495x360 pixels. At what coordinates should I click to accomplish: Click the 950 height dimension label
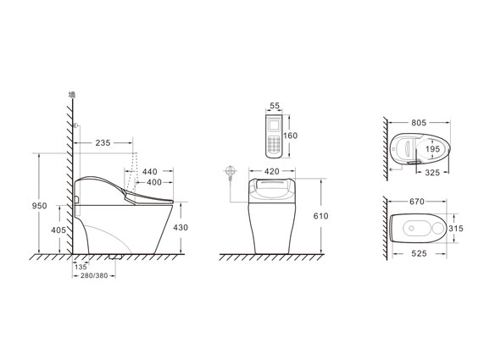pos(40,206)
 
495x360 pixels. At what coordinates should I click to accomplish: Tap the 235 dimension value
pos(103,143)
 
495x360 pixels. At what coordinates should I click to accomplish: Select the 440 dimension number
pos(150,172)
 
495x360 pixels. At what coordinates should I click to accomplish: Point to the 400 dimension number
pos(154,182)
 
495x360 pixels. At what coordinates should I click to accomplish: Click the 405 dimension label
pos(58,230)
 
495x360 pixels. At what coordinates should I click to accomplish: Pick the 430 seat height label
pos(181,228)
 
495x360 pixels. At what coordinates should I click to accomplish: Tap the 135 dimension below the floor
pos(81,267)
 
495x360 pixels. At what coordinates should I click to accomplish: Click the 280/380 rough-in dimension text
pos(94,276)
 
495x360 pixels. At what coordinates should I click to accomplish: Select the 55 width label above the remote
pos(275,106)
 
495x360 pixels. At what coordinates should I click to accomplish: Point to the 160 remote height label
pos(290,136)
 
